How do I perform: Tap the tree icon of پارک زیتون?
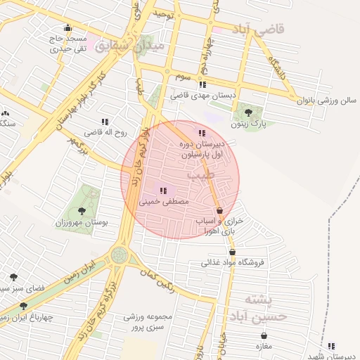(x=247, y=110)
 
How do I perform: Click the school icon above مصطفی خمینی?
(x=163, y=190)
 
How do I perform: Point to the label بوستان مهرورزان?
(x=82, y=222)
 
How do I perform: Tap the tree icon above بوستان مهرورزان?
(x=82, y=210)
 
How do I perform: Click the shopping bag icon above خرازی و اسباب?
(x=219, y=210)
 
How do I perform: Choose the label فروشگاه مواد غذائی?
(x=233, y=263)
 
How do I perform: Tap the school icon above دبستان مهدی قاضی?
(x=202, y=84)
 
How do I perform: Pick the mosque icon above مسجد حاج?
(x=67, y=28)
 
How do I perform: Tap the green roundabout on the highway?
(x=120, y=254)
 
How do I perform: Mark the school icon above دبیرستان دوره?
(x=202, y=133)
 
